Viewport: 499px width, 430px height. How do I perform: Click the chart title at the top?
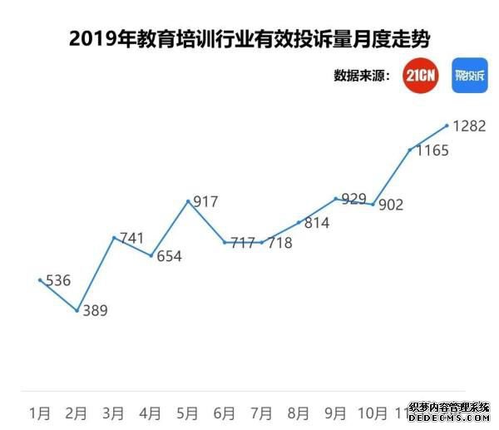pyautogui.click(x=249, y=38)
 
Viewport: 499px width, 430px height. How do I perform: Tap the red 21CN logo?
pyautogui.click(x=420, y=74)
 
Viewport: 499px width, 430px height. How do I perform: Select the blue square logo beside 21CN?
pyautogui.click(x=469, y=74)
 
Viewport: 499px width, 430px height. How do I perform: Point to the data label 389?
pyautogui.click(x=95, y=311)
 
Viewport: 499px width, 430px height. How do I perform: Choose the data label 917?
pyautogui.click(x=205, y=202)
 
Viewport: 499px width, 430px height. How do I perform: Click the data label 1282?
pyautogui.click(x=469, y=126)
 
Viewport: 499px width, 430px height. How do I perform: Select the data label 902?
pyautogui.click(x=391, y=205)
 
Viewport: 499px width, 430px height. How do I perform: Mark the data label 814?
pyautogui.click(x=317, y=223)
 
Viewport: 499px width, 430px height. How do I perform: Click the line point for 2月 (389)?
pyautogui.click(x=77, y=311)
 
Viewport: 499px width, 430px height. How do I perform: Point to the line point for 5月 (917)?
pyautogui.click(x=188, y=200)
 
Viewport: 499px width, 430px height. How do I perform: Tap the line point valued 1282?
pyautogui.click(x=447, y=126)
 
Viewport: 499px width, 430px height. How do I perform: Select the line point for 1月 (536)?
pyautogui.click(x=40, y=280)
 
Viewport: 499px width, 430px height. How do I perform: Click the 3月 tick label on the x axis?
pyautogui.click(x=114, y=413)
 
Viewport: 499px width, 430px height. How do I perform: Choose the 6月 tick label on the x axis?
pyautogui.click(x=225, y=413)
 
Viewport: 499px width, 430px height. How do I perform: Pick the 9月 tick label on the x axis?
pyautogui.click(x=335, y=413)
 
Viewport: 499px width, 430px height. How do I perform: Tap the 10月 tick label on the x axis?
pyautogui.click(x=373, y=413)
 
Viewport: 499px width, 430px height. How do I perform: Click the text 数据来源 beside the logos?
pyautogui.click(x=362, y=76)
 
